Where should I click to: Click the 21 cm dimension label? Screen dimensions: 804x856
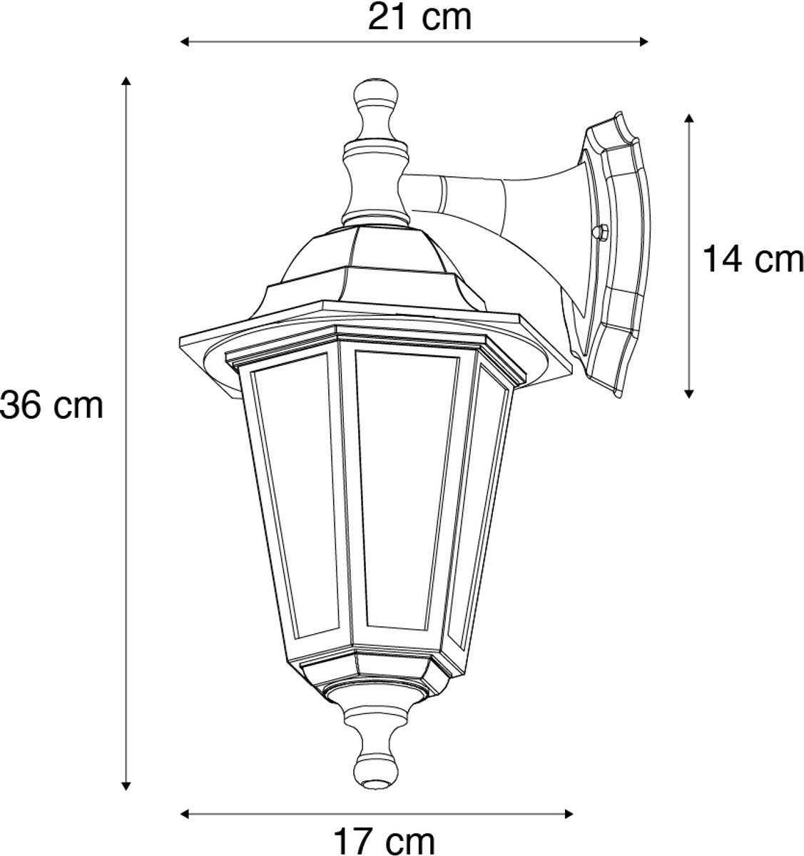coord(419,17)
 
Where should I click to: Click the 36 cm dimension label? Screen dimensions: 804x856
coord(52,406)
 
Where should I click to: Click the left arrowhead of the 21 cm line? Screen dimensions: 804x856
coord(185,42)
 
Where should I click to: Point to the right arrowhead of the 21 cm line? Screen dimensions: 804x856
coord(643,42)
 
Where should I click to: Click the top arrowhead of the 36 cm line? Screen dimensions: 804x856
coord(126,81)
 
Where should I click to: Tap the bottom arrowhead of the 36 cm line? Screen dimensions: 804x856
coord(126,786)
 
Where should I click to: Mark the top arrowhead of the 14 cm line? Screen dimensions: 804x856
coord(689,119)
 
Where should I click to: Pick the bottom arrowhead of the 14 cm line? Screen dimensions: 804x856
coord(689,393)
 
